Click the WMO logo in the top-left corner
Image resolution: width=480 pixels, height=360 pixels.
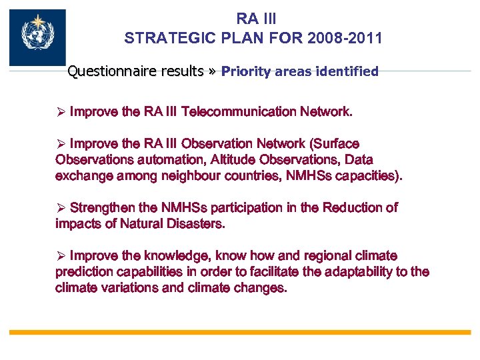click(x=37, y=37)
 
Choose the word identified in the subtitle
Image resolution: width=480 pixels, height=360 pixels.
click(x=345, y=71)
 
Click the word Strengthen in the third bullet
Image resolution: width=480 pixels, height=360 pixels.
click(x=101, y=208)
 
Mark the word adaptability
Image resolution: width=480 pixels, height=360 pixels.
click(x=359, y=272)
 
